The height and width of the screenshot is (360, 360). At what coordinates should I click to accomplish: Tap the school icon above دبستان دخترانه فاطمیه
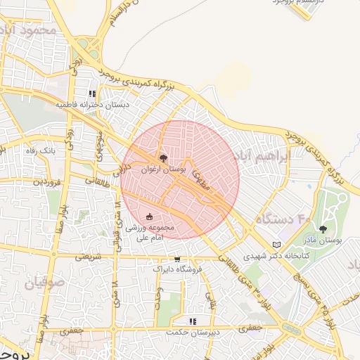(92, 94)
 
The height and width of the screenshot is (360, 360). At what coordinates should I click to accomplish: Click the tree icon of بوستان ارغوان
(164, 159)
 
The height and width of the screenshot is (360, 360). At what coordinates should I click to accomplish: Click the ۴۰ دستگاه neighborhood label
(283, 220)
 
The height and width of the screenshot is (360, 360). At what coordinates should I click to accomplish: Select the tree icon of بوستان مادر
(323, 229)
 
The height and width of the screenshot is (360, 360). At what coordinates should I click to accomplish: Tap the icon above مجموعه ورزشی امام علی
(148, 217)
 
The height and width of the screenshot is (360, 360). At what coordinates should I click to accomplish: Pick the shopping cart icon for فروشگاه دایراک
(176, 258)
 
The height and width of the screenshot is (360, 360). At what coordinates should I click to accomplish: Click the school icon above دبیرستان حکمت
(193, 321)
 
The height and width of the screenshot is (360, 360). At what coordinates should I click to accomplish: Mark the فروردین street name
(47, 181)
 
